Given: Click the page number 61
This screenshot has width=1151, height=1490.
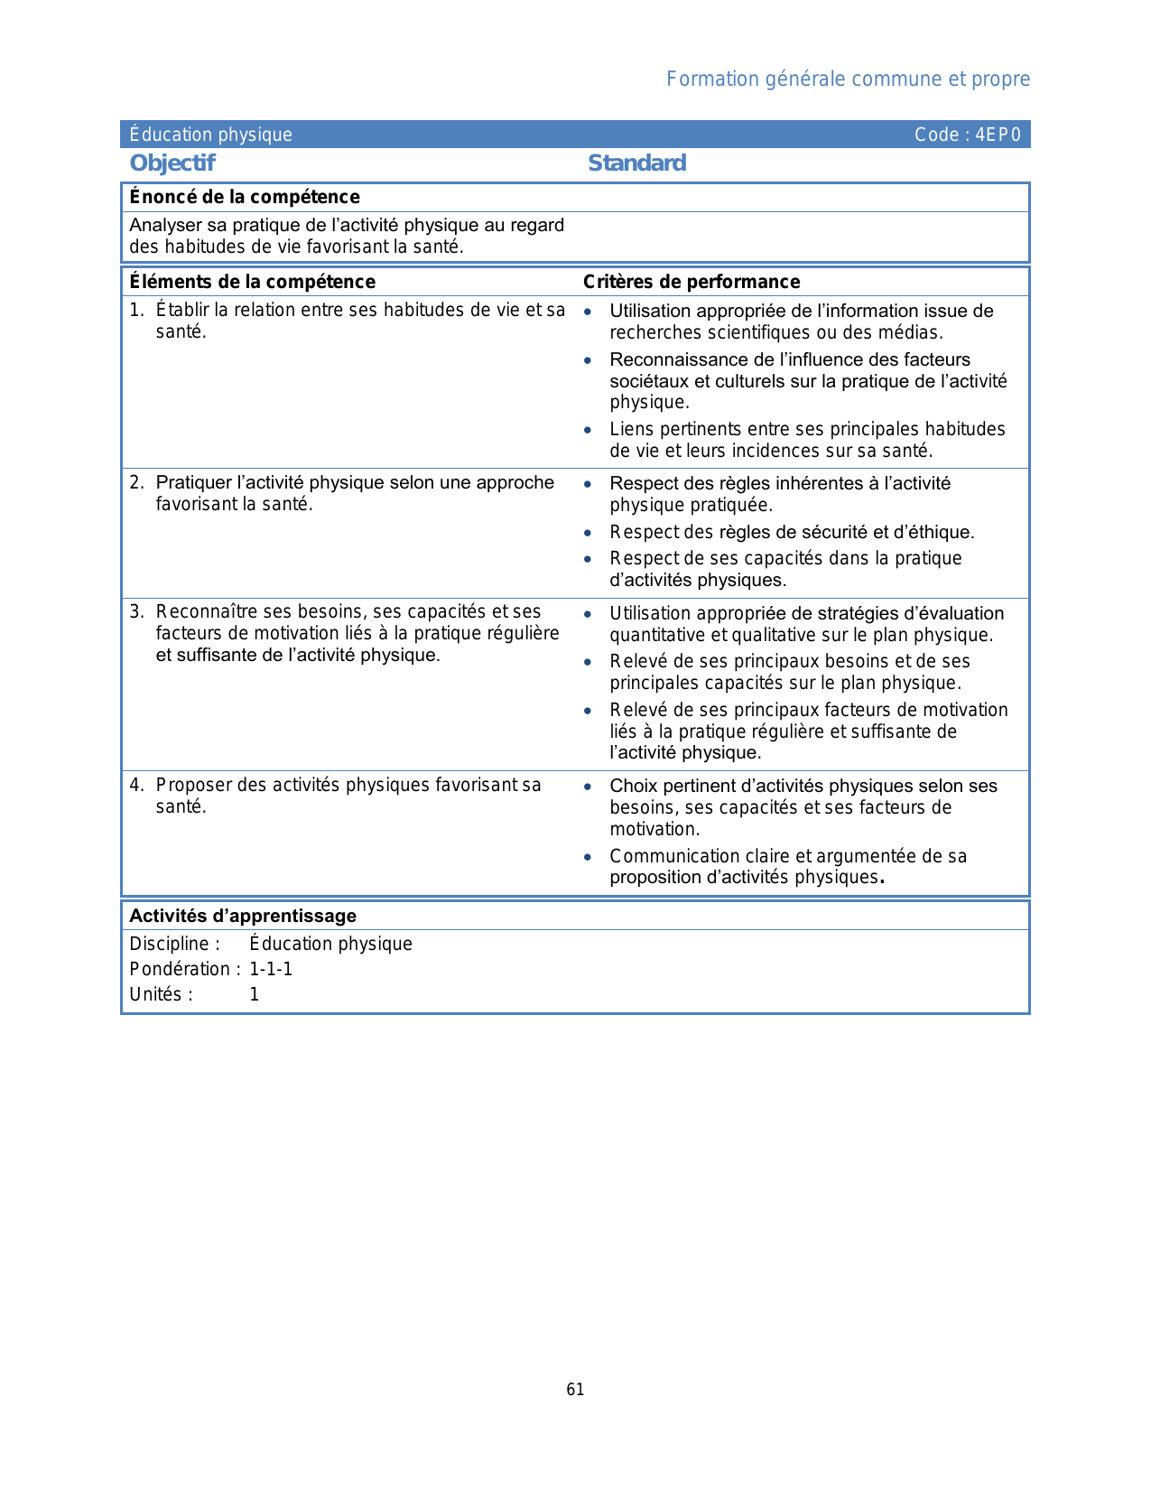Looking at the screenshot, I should (575, 1390).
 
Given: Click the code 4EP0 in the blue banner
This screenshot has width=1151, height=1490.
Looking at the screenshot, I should (998, 135).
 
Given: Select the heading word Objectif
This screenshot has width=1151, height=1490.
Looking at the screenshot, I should (172, 163).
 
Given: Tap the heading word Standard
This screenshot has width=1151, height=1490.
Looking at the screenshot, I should (636, 163).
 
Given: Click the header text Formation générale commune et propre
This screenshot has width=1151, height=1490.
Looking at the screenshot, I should (848, 79).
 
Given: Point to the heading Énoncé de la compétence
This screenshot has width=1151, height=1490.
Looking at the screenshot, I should (245, 197).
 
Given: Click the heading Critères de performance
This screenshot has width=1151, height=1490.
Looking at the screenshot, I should (692, 282).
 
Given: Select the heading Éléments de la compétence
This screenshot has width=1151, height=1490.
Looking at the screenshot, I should (252, 282).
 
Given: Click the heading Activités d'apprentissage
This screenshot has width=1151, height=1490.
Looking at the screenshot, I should (243, 916).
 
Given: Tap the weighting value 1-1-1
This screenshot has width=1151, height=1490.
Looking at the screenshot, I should (271, 969).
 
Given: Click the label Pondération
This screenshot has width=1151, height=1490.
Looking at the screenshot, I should (181, 969).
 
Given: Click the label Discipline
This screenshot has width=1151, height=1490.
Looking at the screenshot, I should (172, 944).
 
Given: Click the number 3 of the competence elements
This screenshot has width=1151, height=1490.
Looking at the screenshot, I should (135, 612).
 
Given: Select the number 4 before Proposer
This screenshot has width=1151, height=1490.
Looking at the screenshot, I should (135, 785).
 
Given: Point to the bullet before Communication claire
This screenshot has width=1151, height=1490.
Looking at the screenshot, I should (588, 856).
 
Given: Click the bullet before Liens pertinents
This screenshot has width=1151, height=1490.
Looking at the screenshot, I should (588, 430).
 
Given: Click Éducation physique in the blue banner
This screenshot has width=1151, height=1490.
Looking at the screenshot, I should (210, 135).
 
